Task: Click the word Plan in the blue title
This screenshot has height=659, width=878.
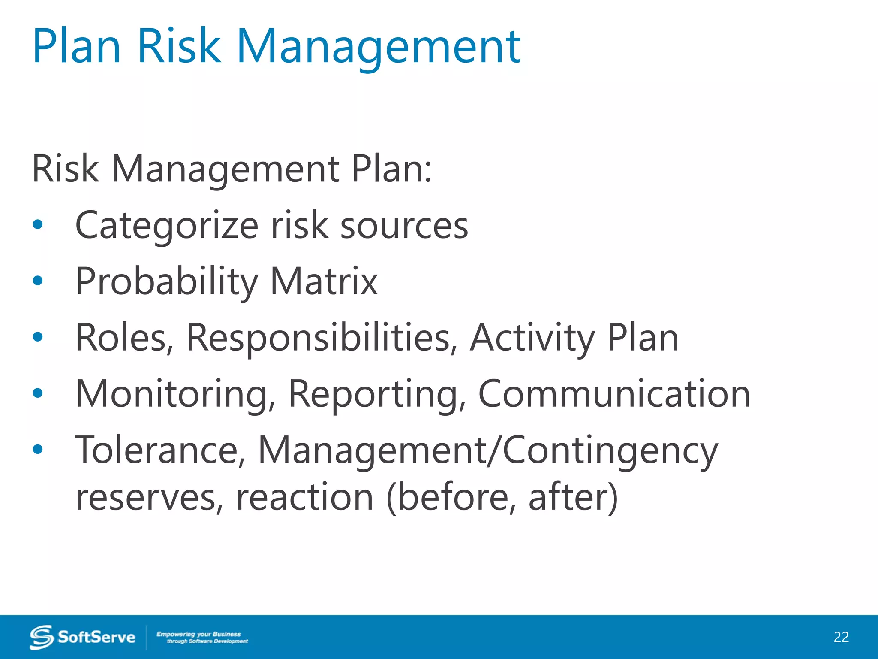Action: tap(76, 46)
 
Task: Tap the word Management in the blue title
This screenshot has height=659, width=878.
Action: tap(378, 46)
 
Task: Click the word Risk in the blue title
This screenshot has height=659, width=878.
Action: tap(179, 46)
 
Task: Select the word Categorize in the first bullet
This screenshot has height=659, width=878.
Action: tap(167, 226)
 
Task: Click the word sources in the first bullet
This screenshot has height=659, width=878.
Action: tap(404, 226)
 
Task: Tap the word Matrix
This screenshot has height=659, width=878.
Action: tap(324, 282)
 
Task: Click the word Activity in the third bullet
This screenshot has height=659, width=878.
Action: tap(532, 338)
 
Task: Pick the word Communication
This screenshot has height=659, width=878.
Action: tap(614, 394)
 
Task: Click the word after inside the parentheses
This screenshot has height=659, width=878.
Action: tap(568, 498)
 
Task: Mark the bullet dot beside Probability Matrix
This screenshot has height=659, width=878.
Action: tap(38, 281)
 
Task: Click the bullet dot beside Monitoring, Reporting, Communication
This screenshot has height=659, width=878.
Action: tap(38, 393)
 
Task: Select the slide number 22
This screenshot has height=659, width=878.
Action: tap(841, 637)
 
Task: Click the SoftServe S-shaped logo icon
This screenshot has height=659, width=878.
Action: tap(42, 637)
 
